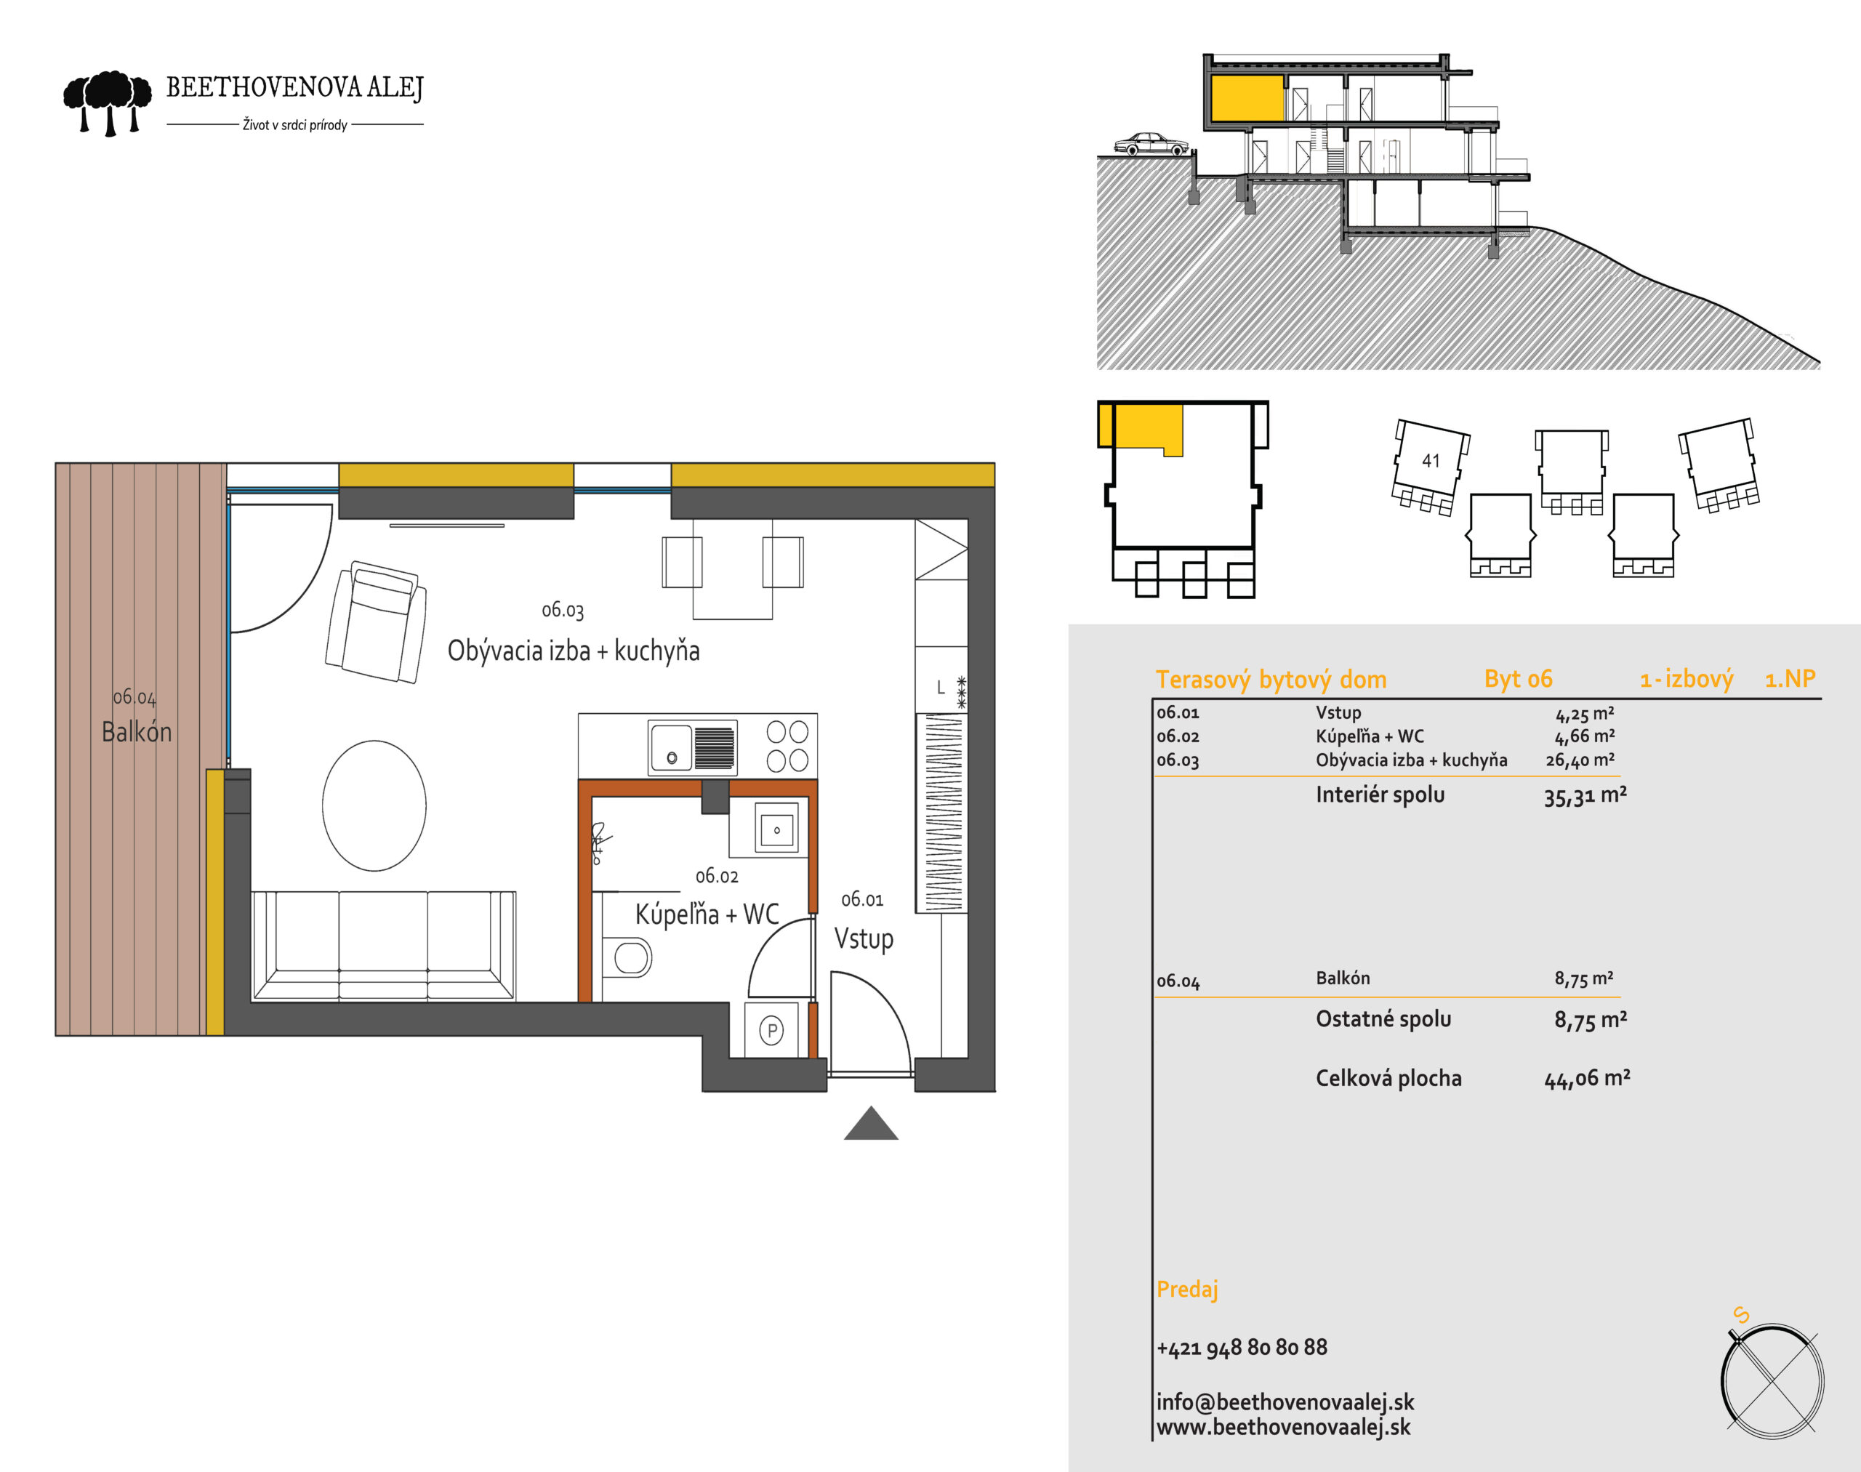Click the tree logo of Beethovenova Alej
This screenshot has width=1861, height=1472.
point(108,103)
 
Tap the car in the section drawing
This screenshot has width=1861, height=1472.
point(1151,144)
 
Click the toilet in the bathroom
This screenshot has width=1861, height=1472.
point(627,957)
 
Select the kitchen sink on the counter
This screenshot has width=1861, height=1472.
point(692,747)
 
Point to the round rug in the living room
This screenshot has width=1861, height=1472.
point(374,805)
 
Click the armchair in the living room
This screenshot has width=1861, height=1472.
point(376,622)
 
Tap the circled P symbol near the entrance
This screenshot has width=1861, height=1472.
point(771,1030)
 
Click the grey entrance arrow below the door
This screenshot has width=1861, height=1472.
point(871,1123)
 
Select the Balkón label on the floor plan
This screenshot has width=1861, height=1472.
point(136,732)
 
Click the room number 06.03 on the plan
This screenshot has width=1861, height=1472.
point(563,610)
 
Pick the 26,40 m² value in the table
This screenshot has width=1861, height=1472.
point(1580,760)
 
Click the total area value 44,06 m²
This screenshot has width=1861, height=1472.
point(1587,1078)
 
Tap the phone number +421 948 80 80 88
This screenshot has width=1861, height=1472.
point(1242,1347)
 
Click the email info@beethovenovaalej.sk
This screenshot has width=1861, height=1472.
point(1285,1403)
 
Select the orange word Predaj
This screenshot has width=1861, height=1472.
point(1187,1290)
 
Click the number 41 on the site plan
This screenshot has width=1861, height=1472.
point(1431,461)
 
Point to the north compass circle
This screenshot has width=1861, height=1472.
point(1772,1382)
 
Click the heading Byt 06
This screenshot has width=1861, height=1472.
point(1518,679)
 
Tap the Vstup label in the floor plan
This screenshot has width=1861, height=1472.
point(864,938)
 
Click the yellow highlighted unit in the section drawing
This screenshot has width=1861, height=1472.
point(1247,97)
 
